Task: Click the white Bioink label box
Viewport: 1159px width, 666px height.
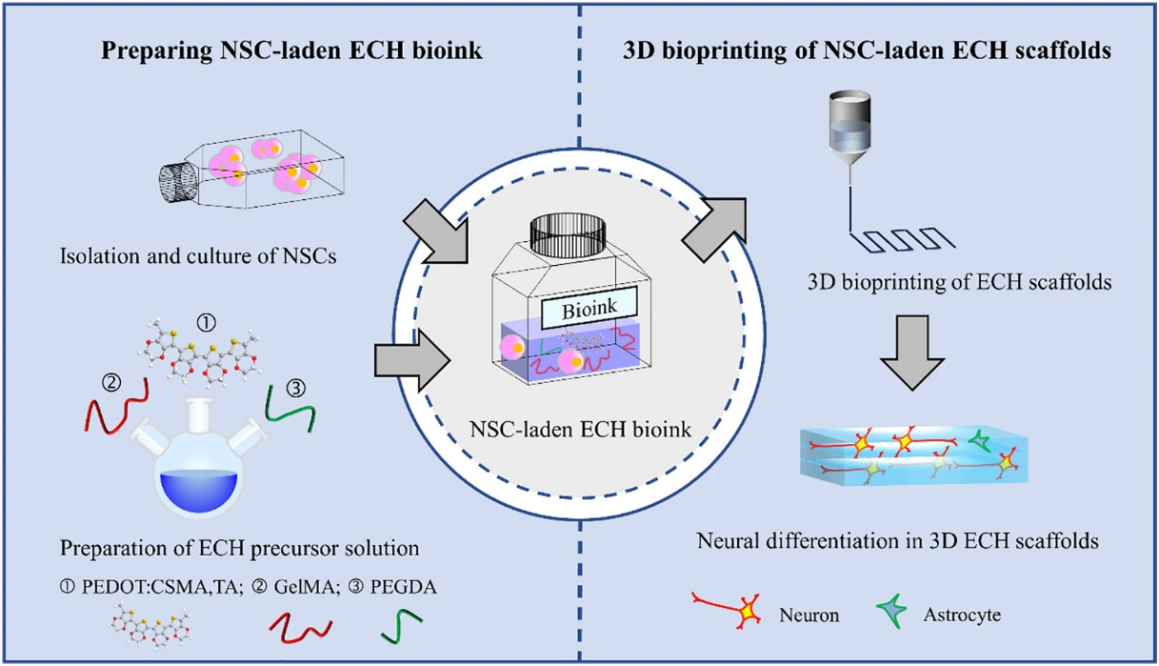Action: [581, 312]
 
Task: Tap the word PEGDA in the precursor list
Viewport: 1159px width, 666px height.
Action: [407, 588]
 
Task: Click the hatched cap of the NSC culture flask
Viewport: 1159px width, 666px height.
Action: [179, 180]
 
